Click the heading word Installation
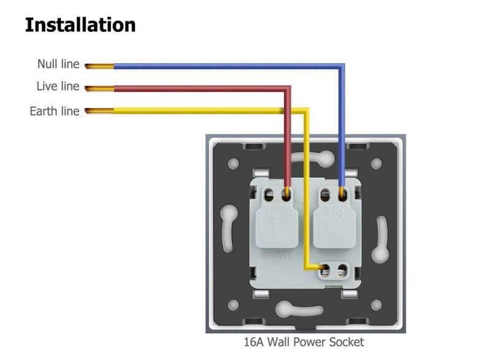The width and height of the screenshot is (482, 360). click(80, 25)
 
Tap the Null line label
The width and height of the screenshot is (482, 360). click(58, 64)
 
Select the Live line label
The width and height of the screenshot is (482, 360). click(58, 86)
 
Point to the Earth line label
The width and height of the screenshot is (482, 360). click(54, 111)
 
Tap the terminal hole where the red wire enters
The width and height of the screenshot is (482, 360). click(286, 196)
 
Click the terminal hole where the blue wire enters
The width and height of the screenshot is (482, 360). click(342, 196)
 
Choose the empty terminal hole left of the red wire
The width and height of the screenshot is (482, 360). click(269, 196)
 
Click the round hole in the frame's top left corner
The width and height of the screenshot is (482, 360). click(234, 164)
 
